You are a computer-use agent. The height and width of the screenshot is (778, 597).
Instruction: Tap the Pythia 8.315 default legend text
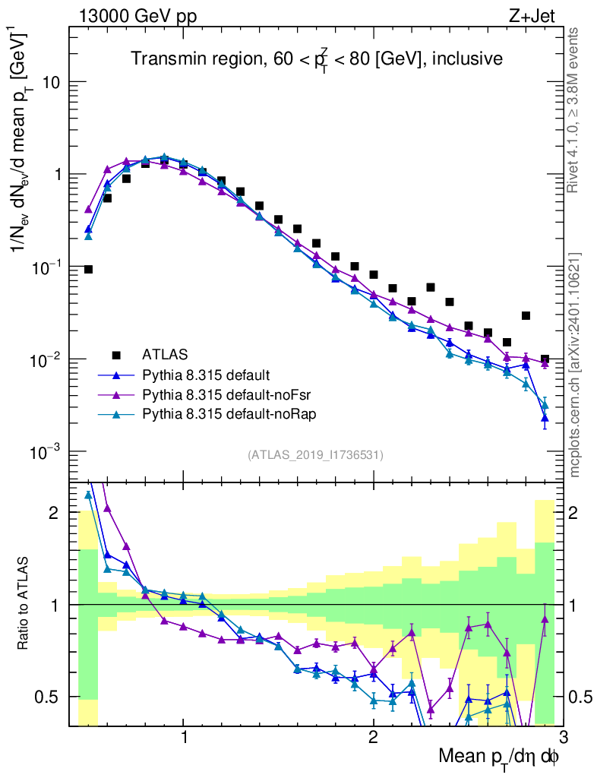[206, 375]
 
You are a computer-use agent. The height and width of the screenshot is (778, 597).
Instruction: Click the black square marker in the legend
[116, 354]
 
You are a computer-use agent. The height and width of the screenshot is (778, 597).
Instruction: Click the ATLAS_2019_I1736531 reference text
[315, 455]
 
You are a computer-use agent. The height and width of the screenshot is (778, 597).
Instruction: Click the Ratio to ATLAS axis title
[25, 604]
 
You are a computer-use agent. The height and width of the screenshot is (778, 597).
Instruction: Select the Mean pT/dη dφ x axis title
[499, 757]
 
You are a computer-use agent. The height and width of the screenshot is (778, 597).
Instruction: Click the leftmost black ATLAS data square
[88, 269]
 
